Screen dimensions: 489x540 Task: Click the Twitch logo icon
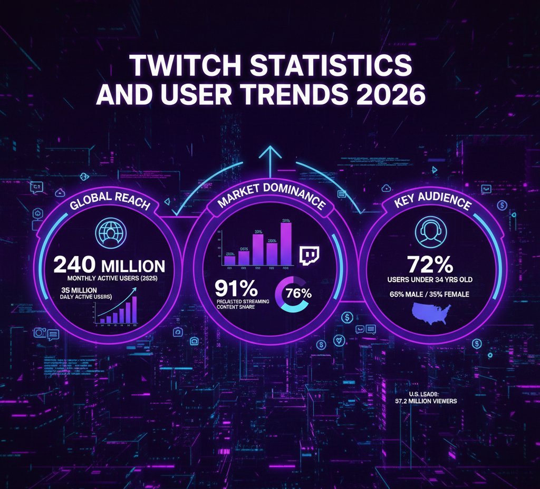click(310, 255)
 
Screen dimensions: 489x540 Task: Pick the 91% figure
click(236, 288)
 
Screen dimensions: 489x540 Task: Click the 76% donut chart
click(294, 294)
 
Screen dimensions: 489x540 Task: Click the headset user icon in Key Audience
click(428, 232)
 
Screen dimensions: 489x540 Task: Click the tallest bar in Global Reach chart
click(134, 309)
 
